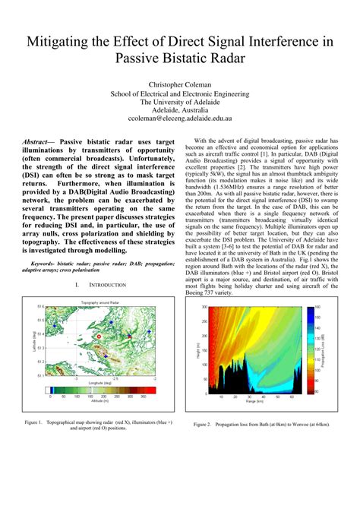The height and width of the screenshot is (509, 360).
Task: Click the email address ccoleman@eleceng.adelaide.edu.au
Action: [179, 119]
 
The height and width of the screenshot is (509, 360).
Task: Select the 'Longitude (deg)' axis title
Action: [100, 383]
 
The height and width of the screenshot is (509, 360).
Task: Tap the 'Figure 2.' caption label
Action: [202, 424]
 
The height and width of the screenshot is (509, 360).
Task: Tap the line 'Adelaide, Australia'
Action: [179, 109]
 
